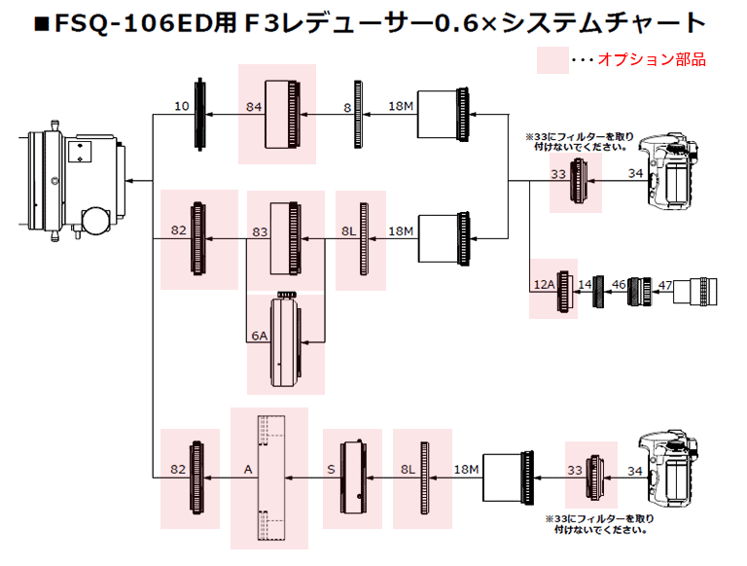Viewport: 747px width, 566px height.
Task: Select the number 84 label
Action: pyautogui.click(x=254, y=107)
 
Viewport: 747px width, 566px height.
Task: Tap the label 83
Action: pyautogui.click(x=260, y=231)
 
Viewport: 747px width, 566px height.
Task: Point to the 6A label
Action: pyautogui.click(x=259, y=336)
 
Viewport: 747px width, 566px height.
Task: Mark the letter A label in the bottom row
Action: pyautogui.click(x=248, y=470)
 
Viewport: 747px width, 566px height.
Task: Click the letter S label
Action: pyautogui.click(x=333, y=470)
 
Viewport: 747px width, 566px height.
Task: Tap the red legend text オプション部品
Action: pyautogui.click(x=651, y=59)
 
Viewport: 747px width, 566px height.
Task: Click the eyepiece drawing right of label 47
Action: pyautogui.click(x=701, y=292)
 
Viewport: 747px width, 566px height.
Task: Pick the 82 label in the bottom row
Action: pyautogui.click(x=178, y=470)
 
